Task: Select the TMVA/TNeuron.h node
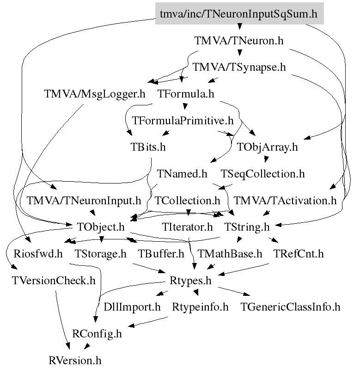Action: point(238,41)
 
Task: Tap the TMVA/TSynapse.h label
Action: point(239,67)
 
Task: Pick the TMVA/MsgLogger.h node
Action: point(95,94)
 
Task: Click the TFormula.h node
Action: point(186,94)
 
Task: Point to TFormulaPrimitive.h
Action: point(183,121)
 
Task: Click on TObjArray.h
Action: point(267,147)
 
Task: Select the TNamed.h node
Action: point(182,174)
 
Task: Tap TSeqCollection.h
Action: point(262,174)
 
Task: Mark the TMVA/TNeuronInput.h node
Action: point(84,201)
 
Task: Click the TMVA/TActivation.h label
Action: point(285,201)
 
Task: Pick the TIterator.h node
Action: point(187,227)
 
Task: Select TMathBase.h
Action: point(230,254)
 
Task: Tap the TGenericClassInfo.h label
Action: point(290,307)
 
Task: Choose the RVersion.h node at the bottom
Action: point(75,360)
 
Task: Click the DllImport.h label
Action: point(132,307)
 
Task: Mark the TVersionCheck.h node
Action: point(54,281)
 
